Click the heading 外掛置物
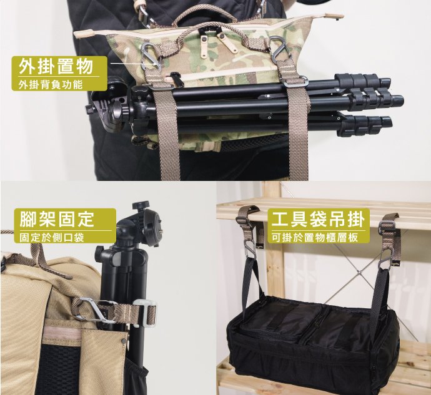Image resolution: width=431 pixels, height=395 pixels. (56, 67)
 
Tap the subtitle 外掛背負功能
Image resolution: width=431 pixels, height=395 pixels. (51, 85)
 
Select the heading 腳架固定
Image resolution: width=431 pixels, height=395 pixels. (57, 218)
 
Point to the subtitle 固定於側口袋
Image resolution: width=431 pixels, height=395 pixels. (52, 238)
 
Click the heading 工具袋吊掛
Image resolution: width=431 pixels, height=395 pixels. (319, 219)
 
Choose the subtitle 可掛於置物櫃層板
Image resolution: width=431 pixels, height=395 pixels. (315, 238)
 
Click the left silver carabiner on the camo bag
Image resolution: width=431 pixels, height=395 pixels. (151, 56)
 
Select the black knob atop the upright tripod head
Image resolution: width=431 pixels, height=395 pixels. (141, 205)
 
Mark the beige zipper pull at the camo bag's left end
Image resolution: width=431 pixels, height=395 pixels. (84, 34)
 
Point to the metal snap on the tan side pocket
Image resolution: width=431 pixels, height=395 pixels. (122, 341)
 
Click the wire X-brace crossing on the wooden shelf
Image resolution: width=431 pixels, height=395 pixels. (360, 273)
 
